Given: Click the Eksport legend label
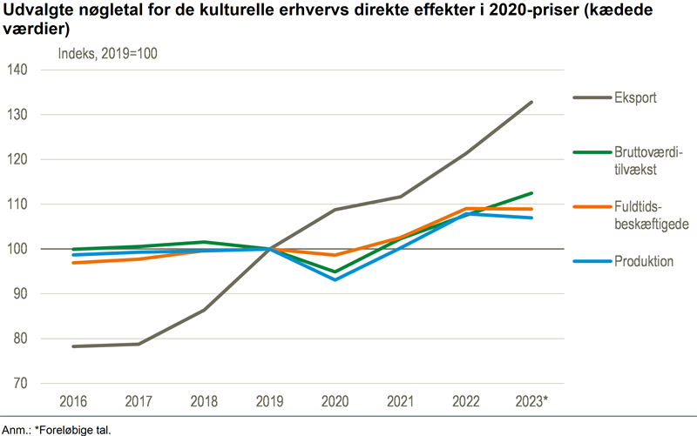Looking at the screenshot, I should [x=635, y=97].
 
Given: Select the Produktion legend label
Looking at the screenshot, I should [x=643, y=261].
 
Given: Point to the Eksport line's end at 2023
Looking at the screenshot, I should [x=531, y=102].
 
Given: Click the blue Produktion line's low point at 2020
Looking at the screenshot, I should [x=335, y=279].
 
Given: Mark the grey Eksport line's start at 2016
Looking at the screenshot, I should [x=72, y=346].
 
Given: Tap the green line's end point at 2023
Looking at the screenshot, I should [x=531, y=193].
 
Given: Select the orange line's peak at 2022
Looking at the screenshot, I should [x=466, y=209].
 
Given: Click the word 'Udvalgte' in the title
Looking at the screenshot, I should [x=34, y=10].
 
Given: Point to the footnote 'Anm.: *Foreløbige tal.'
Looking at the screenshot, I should [x=57, y=429].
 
